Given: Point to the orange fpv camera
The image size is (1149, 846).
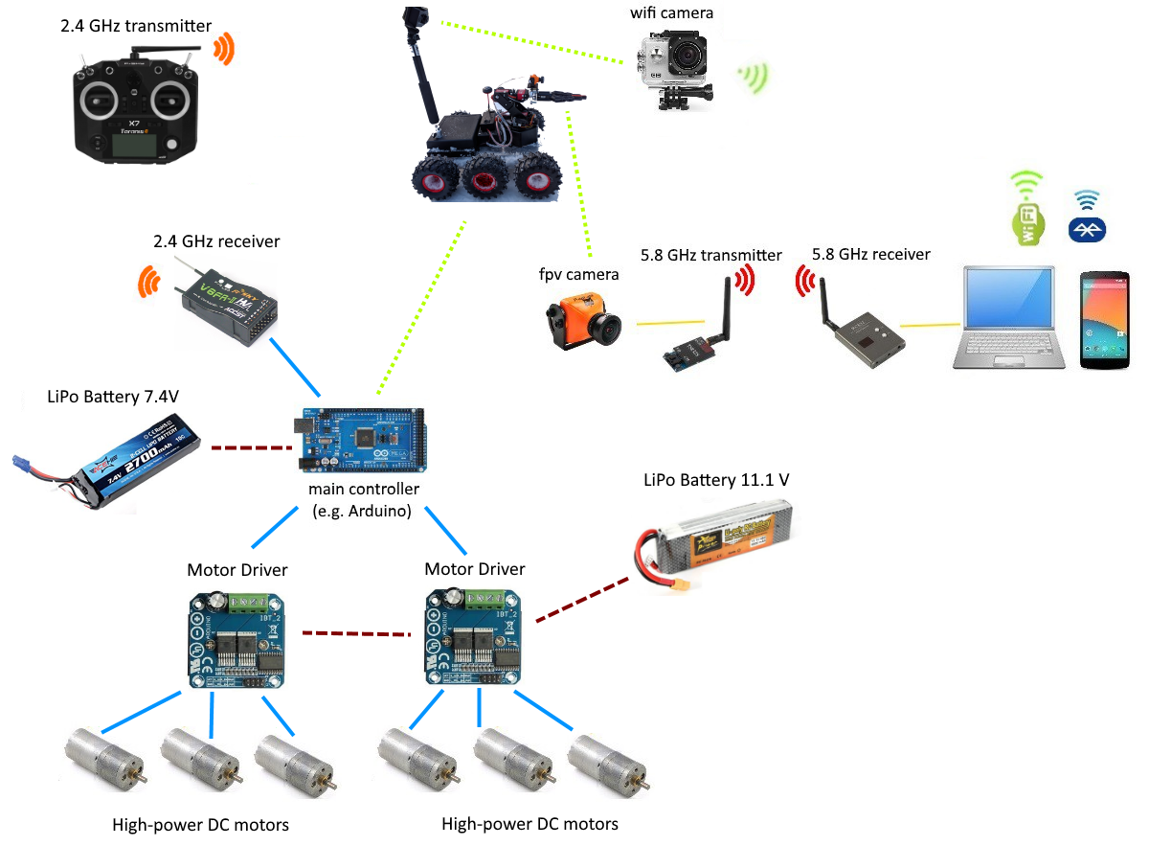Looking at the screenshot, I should click(x=580, y=326).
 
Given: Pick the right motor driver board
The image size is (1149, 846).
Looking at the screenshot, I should click(x=474, y=638).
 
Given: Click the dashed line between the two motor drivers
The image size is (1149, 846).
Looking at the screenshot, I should click(x=355, y=633).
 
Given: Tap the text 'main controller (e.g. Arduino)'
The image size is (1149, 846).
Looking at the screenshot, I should click(x=363, y=500).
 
